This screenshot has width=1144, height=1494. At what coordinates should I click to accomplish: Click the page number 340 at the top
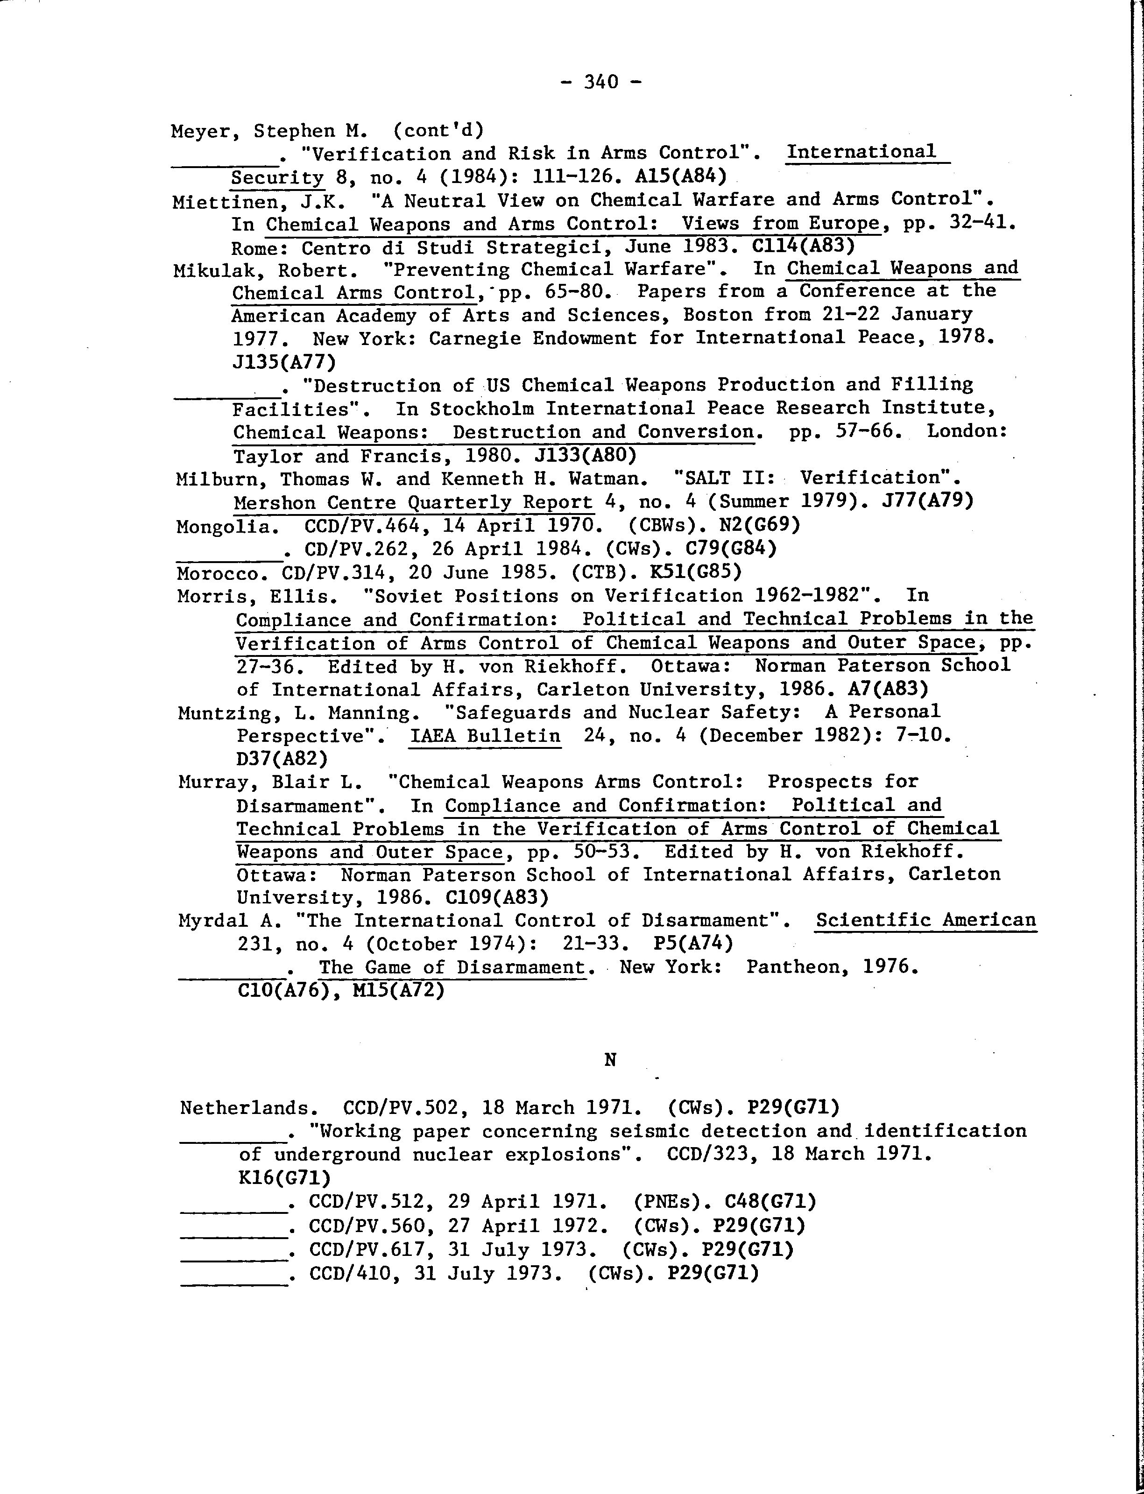(600, 82)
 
